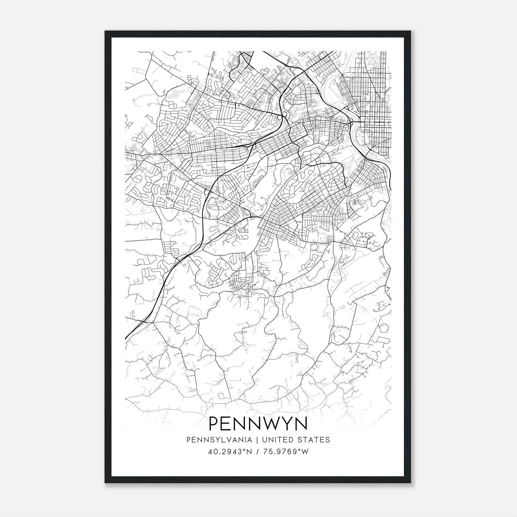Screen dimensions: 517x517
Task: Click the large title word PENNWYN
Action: [x=258, y=424]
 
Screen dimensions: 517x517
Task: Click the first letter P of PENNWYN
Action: [x=215, y=424]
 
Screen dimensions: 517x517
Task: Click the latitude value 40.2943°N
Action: [x=229, y=451]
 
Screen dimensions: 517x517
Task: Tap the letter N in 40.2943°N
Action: [x=249, y=451]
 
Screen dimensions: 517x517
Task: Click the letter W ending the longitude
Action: [x=305, y=451]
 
